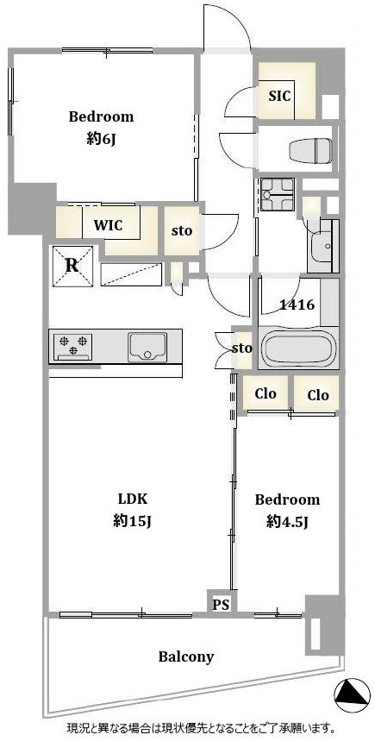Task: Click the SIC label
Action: click(x=279, y=97)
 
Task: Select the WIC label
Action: click(x=108, y=225)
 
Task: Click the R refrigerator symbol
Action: click(x=72, y=266)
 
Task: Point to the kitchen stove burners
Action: click(x=72, y=345)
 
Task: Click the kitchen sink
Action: click(x=147, y=347)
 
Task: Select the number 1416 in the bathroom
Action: click(x=297, y=305)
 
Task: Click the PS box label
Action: click(x=221, y=605)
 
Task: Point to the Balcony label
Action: click(x=185, y=656)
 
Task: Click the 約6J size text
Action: click(x=102, y=139)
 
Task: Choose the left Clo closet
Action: click(x=265, y=393)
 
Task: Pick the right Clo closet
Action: click(x=317, y=394)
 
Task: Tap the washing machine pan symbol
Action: click(x=278, y=195)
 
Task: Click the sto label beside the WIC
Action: click(x=181, y=231)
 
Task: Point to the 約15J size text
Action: click(x=132, y=521)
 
